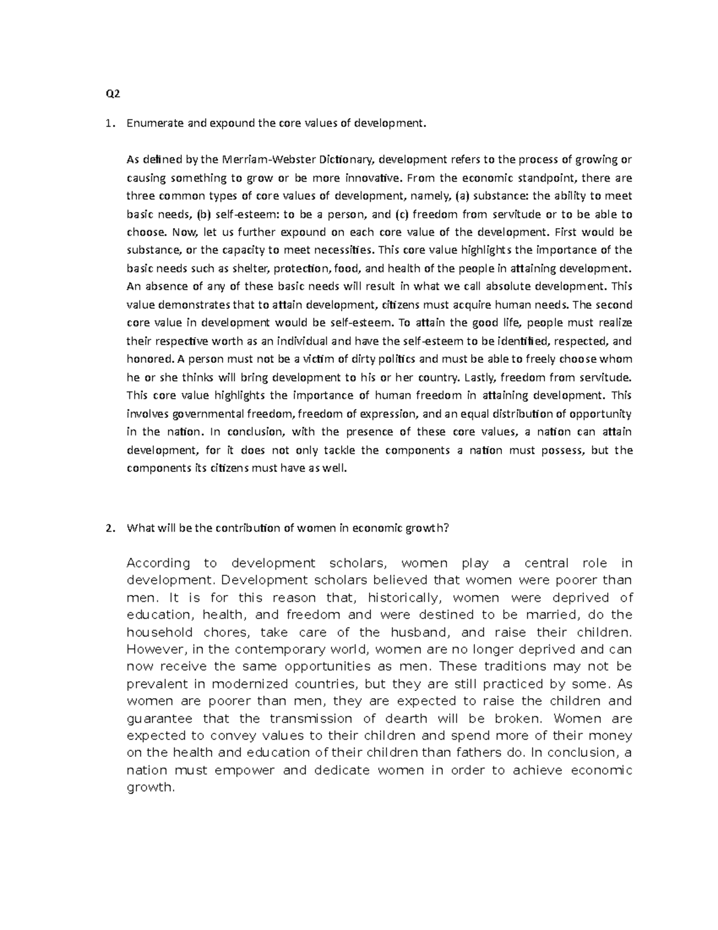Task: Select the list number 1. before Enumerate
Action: pyautogui.click(x=108, y=124)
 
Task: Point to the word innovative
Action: pyautogui.click(x=375, y=178)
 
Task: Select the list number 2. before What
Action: pyautogui.click(x=108, y=528)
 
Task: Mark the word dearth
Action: pyautogui.click(x=406, y=719)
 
